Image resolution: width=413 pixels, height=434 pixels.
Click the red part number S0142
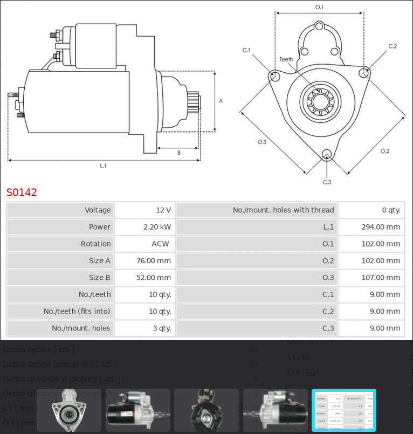[22, 192]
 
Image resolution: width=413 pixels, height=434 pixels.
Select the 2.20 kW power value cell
[157, 227]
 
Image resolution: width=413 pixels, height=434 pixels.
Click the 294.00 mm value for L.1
[381, 227]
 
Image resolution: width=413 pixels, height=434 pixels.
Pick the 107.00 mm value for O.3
[381, 278]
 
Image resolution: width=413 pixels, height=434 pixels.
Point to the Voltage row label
[98, 210]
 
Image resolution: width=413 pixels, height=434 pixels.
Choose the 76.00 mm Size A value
[154, 261]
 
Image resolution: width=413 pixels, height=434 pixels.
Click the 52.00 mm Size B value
[154, 278]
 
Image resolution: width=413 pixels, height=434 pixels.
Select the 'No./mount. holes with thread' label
[283, 210]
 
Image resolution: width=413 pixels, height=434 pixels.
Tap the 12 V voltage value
[163, 210]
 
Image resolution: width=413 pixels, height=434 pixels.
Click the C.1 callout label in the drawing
[246, 50]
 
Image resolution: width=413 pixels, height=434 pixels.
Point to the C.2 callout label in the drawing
[393, 46]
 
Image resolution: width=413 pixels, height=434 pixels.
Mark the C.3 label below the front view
[327, 182]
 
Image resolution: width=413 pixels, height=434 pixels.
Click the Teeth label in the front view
[286, 59]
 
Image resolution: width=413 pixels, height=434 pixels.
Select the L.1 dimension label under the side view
[103, 166]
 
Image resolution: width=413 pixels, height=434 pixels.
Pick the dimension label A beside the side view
[221, 101]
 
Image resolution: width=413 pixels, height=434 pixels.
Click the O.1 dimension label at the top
[319, 7]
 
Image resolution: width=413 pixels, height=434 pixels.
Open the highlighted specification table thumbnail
[343, 410]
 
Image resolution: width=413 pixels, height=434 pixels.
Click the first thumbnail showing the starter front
[68, 410]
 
